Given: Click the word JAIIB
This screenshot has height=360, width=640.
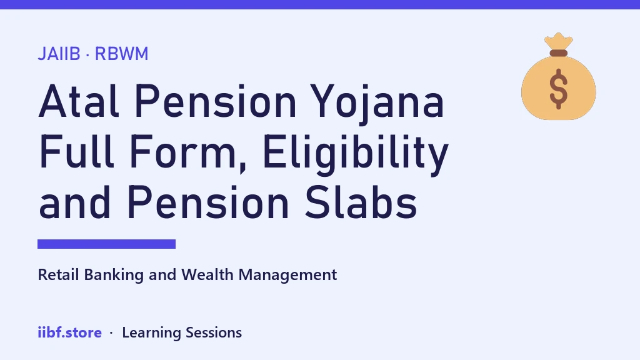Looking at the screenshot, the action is point(59,54).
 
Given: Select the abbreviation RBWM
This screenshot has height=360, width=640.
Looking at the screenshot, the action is point(122,54).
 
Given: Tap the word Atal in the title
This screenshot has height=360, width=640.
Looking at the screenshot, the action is point(79,101).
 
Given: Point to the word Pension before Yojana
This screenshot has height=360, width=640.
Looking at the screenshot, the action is point(216,101).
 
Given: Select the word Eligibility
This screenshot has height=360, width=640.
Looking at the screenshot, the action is point(356,154).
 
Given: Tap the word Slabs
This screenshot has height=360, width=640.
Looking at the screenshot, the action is point(361,202).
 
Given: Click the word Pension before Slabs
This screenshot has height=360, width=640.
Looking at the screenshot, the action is point(208,202).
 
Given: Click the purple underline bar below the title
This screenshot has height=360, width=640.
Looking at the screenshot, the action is point(106,244).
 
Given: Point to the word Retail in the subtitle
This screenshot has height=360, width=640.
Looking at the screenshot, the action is point(58,275).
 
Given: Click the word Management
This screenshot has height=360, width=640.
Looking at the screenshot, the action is point(287,276).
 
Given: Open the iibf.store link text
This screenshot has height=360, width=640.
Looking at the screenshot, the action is point(70,332).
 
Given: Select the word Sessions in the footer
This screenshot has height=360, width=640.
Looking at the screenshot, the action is point(214,332).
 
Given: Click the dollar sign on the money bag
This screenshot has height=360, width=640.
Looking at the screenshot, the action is point(558,89).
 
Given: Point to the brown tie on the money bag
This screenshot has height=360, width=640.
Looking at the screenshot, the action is point(558,53).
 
